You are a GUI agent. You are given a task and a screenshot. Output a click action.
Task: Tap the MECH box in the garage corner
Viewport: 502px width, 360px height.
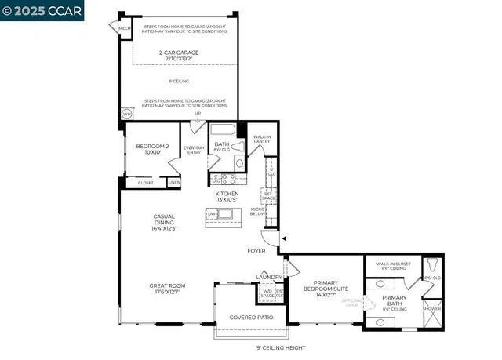124,29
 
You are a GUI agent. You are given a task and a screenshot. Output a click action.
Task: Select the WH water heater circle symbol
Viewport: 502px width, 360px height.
125,114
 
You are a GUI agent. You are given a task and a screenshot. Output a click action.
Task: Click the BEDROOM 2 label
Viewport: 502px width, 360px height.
148,148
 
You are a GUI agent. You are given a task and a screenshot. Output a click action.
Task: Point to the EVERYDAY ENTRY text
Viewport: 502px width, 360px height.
194,151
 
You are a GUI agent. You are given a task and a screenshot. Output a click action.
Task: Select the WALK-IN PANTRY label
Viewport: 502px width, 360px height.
262,140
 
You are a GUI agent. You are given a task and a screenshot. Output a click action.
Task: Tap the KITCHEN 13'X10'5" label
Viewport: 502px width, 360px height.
227,196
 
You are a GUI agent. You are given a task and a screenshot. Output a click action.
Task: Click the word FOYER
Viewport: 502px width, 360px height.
256,251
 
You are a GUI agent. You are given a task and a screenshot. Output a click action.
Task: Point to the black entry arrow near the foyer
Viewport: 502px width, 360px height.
284,238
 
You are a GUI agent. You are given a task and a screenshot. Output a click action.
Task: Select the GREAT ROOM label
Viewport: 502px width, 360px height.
165,289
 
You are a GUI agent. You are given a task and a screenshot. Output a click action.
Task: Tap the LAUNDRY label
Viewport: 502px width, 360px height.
263,277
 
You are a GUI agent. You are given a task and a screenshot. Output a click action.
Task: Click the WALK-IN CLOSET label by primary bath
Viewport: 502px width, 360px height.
395,267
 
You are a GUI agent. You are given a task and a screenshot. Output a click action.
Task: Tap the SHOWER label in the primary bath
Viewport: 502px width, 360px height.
432,309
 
